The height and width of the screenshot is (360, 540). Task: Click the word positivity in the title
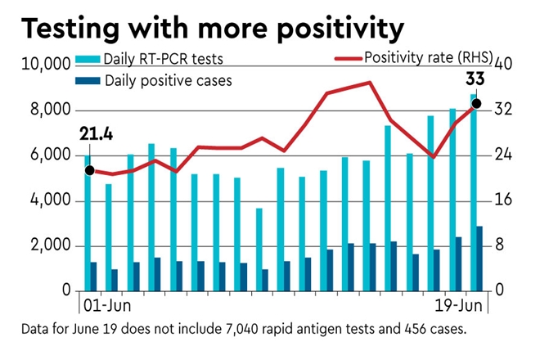pos(327,30)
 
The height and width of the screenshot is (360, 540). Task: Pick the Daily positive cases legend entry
pos(164,80)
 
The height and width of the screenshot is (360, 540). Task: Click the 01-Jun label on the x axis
pos(107,308)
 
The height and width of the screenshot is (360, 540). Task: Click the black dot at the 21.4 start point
pos(89,170)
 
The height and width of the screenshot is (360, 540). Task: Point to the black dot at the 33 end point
pos(476,104)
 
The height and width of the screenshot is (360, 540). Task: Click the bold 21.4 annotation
pos(95,134)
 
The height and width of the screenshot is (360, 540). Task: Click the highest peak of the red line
pos(370,83)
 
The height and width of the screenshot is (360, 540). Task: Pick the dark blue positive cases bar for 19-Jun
pos(479,259)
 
